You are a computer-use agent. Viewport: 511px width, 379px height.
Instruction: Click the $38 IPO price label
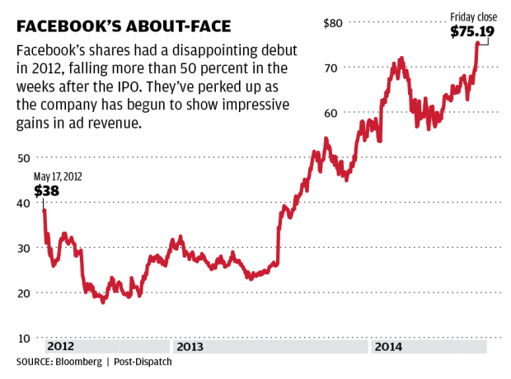pyautogui.click(x=46, y=190)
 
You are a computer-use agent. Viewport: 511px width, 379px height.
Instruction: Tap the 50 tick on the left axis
pyautogui.click(x=24, y=157)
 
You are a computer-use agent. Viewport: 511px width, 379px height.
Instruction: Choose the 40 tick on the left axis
pyautogui.click(x=24, y=203)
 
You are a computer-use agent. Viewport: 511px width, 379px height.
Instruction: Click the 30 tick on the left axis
pyautogui.click(x=24, y=248)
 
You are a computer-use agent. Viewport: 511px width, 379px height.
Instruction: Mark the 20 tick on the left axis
pyautogui.click(x=24, y=293)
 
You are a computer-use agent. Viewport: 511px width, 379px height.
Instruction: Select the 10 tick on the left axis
pyautogui.click(x=24, y=339)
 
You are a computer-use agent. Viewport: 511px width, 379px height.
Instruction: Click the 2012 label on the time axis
pyautogui.click(x=62, y=348)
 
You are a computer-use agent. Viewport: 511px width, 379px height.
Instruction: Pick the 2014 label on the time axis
pyautogui.click(x=388, y=348)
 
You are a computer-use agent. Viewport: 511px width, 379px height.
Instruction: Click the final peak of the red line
pyautogui.click(x=477, y=43)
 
